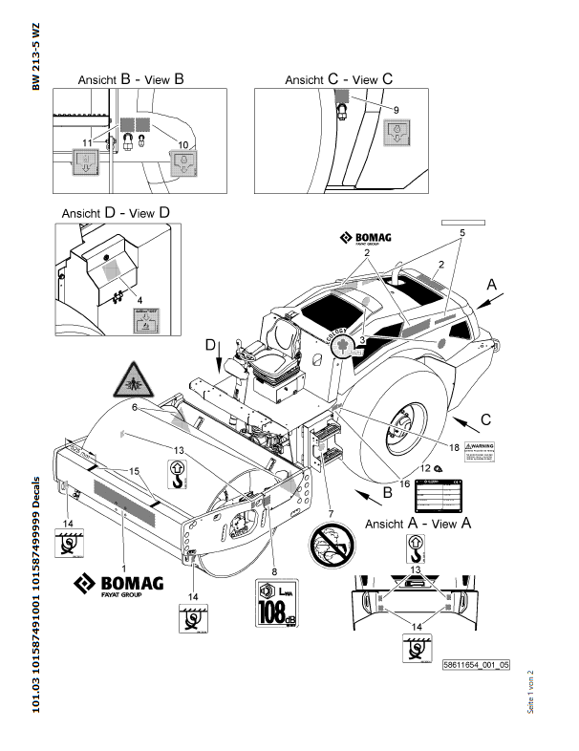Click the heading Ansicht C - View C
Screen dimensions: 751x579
click(339, 80)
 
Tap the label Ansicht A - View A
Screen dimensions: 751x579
click(418, 523)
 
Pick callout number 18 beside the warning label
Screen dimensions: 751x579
click(454, 445)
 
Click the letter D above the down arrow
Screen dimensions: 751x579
click(211, 343)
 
